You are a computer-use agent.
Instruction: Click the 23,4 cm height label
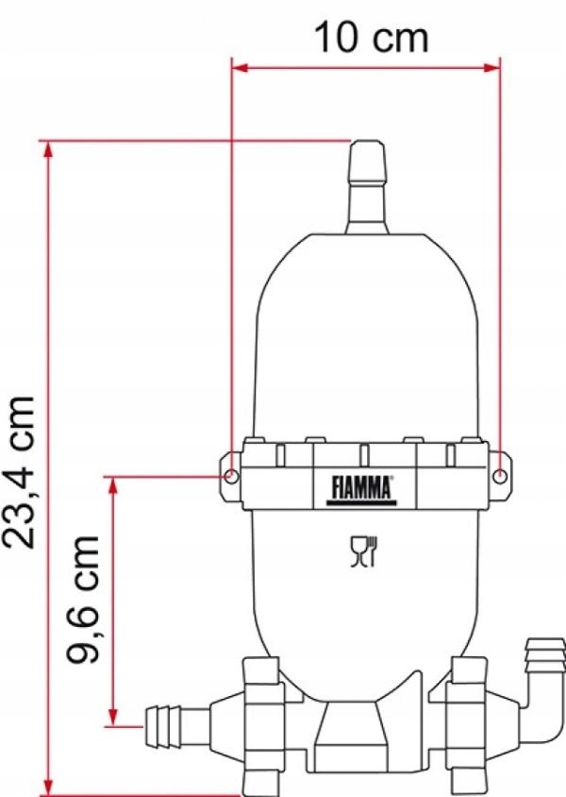pos(21,472)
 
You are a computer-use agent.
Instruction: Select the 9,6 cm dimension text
pos(88,600)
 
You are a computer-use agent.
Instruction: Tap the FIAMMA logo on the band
pos(361,486)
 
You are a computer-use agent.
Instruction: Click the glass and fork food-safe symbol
pos(363,551)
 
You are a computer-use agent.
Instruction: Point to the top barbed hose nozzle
pos(367,184)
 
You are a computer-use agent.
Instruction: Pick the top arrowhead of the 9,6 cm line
pos(114,483)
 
